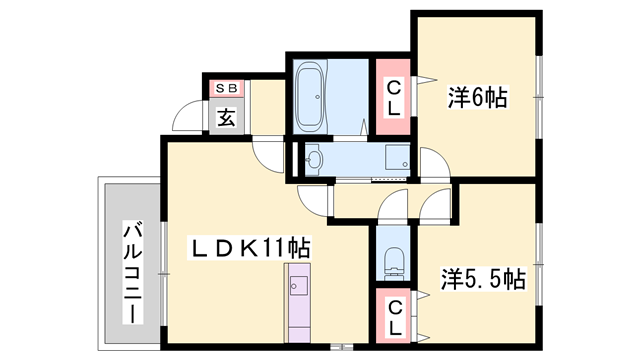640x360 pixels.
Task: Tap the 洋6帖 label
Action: coord(477,97)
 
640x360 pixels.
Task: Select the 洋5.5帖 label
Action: coord(484,278)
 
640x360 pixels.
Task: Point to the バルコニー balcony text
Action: coord(131,271)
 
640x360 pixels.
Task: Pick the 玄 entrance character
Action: coord(226,118)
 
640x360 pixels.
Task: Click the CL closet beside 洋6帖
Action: coord(394,97)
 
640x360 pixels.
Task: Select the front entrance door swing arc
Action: coord(186,119)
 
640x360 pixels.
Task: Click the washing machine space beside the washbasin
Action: coord(397,157)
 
